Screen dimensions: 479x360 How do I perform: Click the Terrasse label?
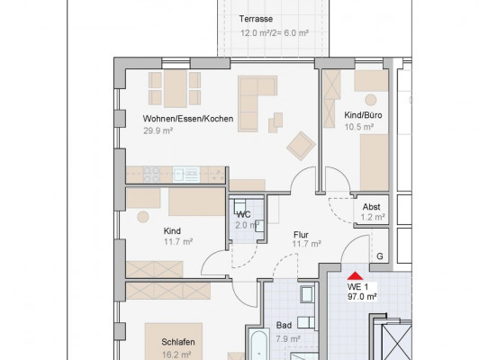256,19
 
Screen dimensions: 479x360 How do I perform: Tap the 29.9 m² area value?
158,131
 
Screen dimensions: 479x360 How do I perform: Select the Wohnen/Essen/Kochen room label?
188,119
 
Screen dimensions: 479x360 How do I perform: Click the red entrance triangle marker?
355,275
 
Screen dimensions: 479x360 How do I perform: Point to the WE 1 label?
357,287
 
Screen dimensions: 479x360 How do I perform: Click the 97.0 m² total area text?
362,296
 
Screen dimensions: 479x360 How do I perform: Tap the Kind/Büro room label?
363,115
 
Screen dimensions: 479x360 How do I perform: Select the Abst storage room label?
372,207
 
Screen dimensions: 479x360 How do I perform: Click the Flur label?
301,235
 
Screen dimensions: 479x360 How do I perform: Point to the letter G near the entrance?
380,256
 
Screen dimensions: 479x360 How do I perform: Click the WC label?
244,215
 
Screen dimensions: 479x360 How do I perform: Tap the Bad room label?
284,325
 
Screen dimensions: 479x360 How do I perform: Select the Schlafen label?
178,342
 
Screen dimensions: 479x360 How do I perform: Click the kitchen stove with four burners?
151,175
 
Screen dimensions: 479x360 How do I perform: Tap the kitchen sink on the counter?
186,175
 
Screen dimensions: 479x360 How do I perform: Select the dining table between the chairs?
176,88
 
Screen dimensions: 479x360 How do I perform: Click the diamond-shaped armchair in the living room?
301,146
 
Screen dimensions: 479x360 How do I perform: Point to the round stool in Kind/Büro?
371,100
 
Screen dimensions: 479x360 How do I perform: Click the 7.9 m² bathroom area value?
288,338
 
